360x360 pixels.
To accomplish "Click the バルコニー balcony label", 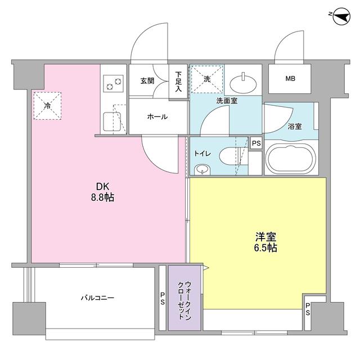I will [96, 298].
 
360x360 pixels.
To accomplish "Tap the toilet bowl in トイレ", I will [230, 155].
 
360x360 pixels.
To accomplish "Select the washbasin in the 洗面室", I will [244, 83].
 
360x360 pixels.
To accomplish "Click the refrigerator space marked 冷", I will [48, 105].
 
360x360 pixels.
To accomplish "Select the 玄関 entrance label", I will [147, 80].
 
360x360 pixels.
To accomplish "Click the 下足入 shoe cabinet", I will [178, 82].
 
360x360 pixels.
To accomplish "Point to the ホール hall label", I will [157, 116].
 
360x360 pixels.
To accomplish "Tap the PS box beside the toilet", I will [256, 143].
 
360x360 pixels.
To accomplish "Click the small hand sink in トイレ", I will [201, 169].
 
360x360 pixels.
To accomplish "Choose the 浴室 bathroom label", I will [295, 126].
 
